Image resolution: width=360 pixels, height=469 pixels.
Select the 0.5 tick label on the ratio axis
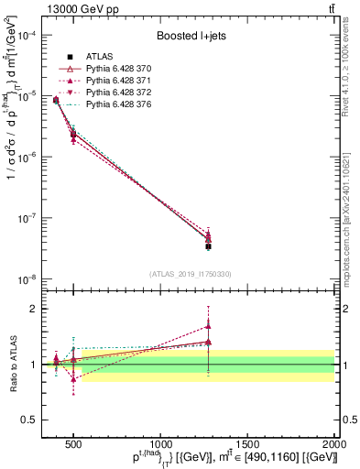point(37,420)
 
